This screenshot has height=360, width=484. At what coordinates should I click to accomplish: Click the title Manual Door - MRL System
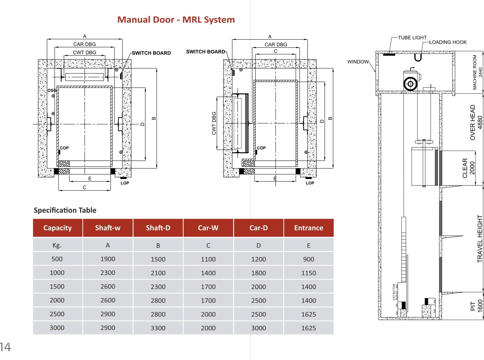[x=176, y=20]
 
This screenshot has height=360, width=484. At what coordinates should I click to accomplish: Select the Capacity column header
[x=57, y=228]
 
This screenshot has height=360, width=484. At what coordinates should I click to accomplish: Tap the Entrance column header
[x=308, y=228]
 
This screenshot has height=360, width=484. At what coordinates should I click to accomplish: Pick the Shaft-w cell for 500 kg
[x=108, y=259]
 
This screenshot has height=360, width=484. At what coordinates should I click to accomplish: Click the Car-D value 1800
[x=258, y=273]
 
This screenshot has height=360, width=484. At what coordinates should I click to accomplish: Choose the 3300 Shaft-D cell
[x=158, y=328]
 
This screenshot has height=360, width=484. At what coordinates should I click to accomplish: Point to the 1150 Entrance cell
[x=308, y=273]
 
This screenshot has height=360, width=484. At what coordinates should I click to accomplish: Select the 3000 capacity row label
[x=57, y=328]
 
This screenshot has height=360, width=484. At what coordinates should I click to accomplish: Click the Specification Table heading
[x=65, y=210]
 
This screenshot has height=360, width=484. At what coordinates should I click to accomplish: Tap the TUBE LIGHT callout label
[x=412, y=37]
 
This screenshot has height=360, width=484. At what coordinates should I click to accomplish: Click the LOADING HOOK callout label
[x=448, y=42]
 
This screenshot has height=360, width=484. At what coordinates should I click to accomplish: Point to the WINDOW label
[x=358, y=62]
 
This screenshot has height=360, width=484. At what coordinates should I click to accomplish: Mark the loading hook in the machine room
[x=418, y=57]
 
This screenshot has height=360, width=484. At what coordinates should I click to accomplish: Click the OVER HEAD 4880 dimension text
[x=476, y=122]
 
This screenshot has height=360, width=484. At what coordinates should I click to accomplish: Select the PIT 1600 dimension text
[x=476, y=306]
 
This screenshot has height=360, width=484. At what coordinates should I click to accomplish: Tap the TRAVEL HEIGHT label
[x=480, y=239]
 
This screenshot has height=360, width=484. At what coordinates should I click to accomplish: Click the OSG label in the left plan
[x=52, y=90]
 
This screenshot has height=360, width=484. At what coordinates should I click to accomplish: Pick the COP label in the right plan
[x=261, y=148]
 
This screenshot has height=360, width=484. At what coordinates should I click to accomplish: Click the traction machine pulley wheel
[x=410, y=84]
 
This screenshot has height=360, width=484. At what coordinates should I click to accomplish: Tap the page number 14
[x=5, y=347]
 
